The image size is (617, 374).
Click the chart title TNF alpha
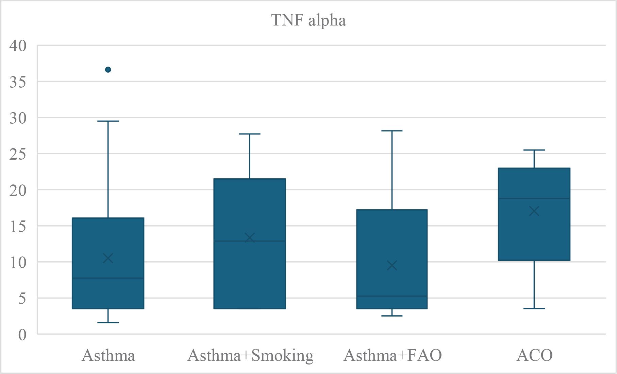(308, 20)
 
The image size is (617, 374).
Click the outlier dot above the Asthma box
(108, 70)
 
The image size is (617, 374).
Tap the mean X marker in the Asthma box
(108, 259)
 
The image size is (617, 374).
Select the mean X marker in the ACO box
(534, 211)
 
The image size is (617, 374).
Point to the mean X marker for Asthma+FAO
(392, 266)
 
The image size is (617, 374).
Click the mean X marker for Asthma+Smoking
(250, 238)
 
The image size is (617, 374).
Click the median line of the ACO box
(534, 198)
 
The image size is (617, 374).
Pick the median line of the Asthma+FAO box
(392, 296)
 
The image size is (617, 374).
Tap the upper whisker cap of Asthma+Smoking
(250, 134)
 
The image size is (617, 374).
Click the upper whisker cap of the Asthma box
(108, 121)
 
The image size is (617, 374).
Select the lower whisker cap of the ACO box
(534, 308)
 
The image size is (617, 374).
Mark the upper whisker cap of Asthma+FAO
(392, 131)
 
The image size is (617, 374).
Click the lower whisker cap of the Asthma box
(108, 322)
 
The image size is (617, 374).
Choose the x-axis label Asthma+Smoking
(250, 356)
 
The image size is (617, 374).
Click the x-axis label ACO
(534, 356)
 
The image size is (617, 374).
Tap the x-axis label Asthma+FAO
(393, 356)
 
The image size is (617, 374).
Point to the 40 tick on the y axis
(18, 46)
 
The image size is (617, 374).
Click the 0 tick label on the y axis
(22, 335)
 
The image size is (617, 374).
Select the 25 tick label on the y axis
(18, 154)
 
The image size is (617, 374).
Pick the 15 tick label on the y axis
(18, 226)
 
